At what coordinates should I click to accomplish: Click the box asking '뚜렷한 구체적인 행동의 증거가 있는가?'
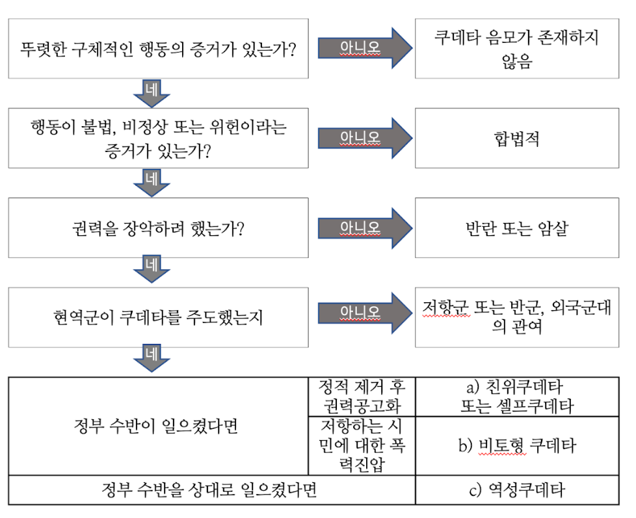point(158,49)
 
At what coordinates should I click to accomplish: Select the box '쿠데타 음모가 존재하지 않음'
point(517,49)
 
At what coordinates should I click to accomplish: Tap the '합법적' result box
point(517,138)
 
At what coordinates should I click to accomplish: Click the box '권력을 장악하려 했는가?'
point(158,228)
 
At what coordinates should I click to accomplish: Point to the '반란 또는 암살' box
point(517,228)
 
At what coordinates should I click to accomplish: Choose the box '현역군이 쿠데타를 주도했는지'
point(158,318)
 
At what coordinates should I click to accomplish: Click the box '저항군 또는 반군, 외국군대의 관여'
point(517,317)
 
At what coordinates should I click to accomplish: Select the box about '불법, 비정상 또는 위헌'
point(158,138)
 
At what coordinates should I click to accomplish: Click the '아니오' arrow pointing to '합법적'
point(363,138)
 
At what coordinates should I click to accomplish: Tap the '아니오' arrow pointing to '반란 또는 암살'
point(363,227)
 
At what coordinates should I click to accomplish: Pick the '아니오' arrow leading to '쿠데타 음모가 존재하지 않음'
point(363,48)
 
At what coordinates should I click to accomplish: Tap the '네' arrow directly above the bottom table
point(152,359)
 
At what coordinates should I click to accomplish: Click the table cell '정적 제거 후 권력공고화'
point(362,396)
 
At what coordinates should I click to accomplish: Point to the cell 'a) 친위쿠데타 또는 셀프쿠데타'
point(517,396)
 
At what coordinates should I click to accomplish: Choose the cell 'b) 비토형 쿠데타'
point(517,446)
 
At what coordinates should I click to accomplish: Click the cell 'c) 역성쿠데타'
point(517,490)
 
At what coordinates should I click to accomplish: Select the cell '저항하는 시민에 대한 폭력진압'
point(362,446)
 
